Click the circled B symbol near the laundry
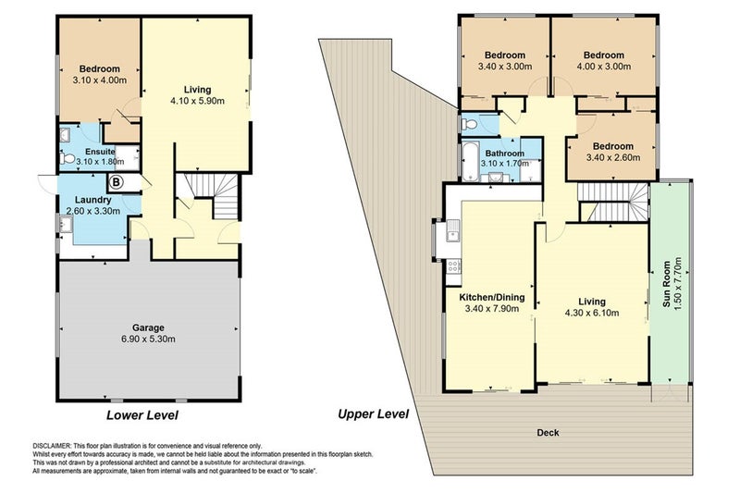click(116, 181)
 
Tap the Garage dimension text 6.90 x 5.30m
click(148, 339)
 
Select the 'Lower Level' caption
click(142, 415)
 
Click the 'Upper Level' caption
click(374, 414)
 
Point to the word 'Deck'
click(548, 433)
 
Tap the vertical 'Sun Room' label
click(666, 284)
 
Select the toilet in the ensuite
click(67, 158)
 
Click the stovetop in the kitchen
click(453, 266)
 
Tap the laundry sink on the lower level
click(65, 224)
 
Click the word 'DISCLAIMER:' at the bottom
click(52, 446)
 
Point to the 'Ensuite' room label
click(100, 152)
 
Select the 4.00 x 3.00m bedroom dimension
click(604, 67)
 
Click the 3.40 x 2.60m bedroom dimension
click(613, 157)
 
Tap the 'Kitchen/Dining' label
click(492, 298)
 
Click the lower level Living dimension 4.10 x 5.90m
click(197, 101)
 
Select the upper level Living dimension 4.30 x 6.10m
click(592, 313)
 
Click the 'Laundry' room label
click(93, 200)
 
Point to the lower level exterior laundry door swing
click(46, 184)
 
